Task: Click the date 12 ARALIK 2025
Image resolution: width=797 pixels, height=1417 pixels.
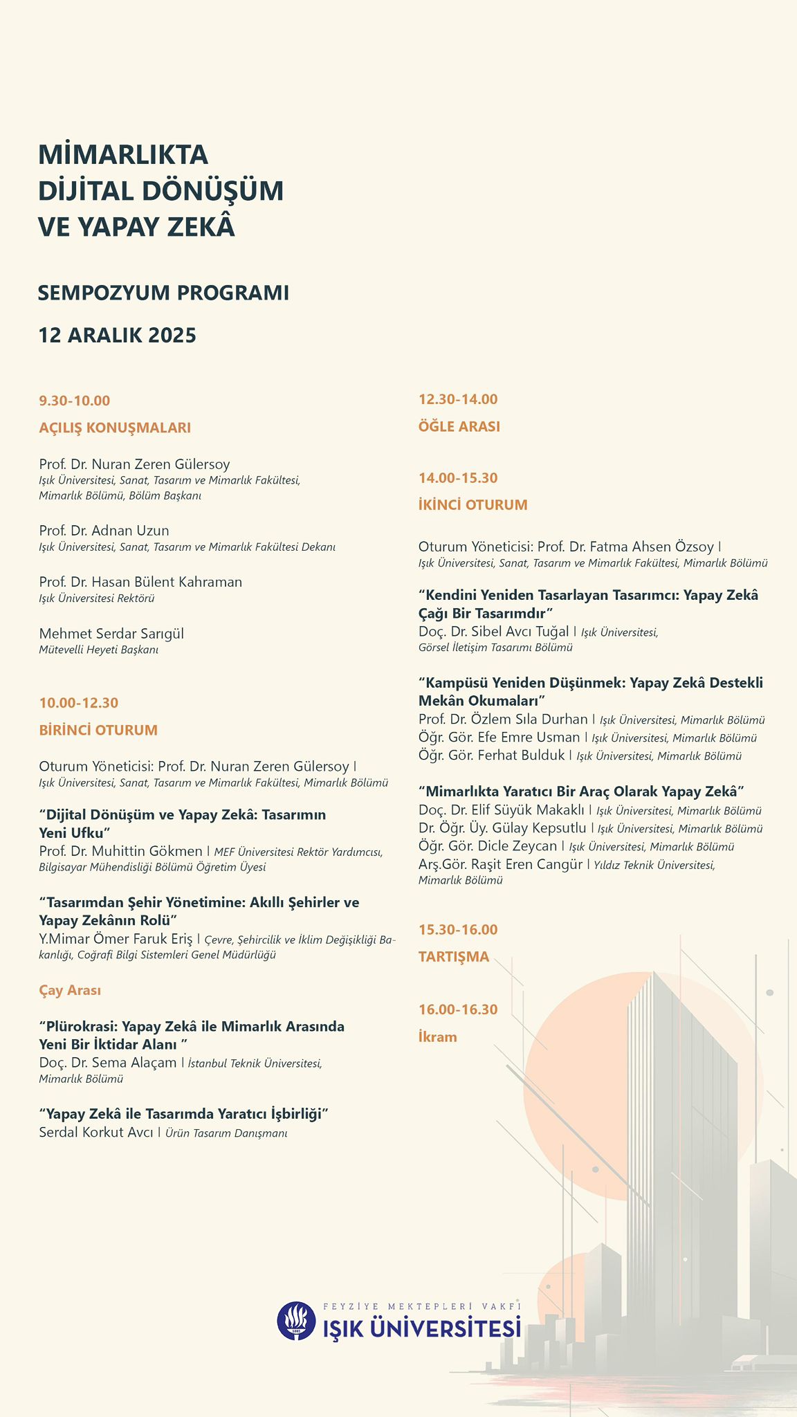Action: click(x=118, y=336)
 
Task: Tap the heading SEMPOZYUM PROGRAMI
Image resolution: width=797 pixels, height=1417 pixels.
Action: click(x=163, y=293)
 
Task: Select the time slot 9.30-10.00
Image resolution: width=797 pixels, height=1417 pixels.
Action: click(x=75, y=401)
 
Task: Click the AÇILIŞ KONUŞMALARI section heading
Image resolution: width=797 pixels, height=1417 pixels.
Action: click(x=115, y=428)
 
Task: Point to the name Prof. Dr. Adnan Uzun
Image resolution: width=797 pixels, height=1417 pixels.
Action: click(x=104, y=531)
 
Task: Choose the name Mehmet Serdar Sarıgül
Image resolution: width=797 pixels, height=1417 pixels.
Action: click(x=111, y=634)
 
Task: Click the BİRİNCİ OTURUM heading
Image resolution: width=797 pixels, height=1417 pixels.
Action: click(x=98, y=730)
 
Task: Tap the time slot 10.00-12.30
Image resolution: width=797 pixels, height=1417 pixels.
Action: click(x=79, y=703)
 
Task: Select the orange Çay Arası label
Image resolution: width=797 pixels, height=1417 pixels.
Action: click(x=70, y=990)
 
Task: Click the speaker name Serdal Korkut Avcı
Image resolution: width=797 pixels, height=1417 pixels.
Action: click(x=96, y=1133)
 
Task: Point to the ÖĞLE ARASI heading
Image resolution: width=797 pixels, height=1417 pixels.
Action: click(x=459, y=426)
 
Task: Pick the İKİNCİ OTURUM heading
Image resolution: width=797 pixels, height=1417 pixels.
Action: click(x=473, y=504)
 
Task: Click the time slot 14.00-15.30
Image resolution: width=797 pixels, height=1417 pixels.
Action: click(x=458, y=478)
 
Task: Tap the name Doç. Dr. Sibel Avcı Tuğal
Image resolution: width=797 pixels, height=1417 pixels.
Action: click(x=494, y=631)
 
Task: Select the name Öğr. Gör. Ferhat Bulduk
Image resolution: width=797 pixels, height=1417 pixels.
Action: click(x=492, y=755)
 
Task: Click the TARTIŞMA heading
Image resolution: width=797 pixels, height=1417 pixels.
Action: click(x=454, y=957)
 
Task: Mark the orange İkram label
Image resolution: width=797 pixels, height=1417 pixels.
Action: click(x=438, y=1036)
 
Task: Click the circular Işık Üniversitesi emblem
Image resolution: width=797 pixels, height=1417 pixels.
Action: click(x=297, y=1321)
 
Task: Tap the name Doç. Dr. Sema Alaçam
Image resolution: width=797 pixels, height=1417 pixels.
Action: click(x=108, y=1062)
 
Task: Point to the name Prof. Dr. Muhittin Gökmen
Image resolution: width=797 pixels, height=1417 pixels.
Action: click(x=121, y=851)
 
